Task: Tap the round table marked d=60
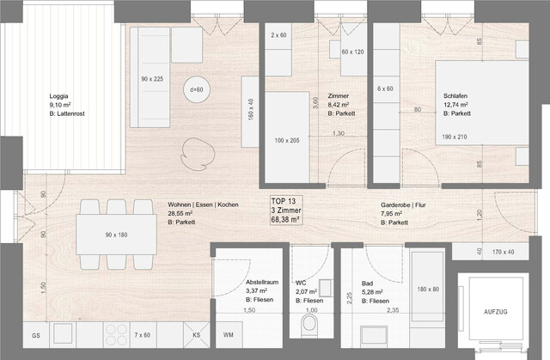click(x=196, y=89)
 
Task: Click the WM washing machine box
click(x=229, y=333)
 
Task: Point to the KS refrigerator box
click(x=197, y=334)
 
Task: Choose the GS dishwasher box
click(x=36, y=334)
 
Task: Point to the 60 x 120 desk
click(x=353, y=52)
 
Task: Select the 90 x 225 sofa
click(x=151, y=79)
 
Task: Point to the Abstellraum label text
click(x=261, y=281)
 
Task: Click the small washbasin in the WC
click(x=326, y=286)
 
